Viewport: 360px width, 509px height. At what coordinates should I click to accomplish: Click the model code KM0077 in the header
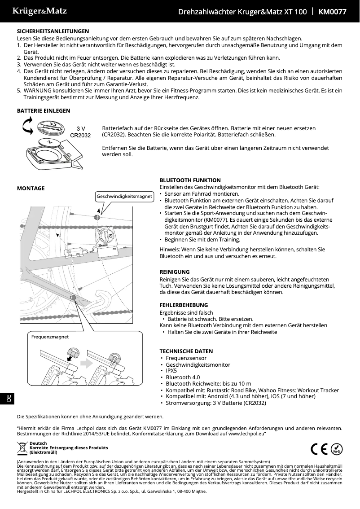(332, 12)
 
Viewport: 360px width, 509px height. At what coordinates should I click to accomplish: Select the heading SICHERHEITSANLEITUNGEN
(53, 31)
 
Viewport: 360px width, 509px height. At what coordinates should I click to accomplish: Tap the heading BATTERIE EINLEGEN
(43, 110)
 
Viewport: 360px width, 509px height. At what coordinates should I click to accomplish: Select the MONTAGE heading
(31, 188)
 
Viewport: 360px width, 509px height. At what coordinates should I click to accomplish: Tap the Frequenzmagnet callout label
(50, 336)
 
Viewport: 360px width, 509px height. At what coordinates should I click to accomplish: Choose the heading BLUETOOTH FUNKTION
(190, 180)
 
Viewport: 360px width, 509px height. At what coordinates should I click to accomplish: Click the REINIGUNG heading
(175, 272)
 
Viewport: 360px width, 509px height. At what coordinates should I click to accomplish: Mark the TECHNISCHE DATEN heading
(186, 351)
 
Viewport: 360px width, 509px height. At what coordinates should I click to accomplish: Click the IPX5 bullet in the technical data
(171, 371)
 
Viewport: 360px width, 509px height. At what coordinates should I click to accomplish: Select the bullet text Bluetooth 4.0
(183, 377)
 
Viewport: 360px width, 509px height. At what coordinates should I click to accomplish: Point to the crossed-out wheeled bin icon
(22, 448)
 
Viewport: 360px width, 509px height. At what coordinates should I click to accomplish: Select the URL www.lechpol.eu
(246, 435)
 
